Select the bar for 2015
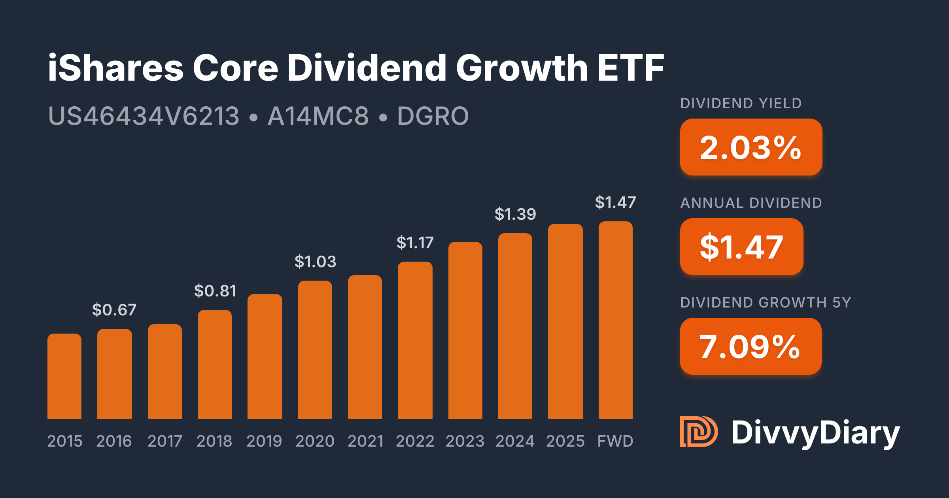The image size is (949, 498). click(64, 376)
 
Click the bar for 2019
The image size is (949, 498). click(265, 357)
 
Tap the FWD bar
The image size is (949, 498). click(615, 320)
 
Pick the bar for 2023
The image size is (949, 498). click(465, 330)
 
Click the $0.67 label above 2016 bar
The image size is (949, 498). click(114, 310)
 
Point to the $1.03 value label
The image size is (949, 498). click(315, 262)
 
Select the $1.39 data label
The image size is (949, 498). click(515, 214)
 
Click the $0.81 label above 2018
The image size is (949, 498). click(215, 291)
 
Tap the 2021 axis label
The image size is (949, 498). click(365, 441)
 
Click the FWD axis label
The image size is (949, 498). click(615, 441)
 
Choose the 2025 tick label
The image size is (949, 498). click(565, 441)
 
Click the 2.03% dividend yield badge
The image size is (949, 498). click(751, 147)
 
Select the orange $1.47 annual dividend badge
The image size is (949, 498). click(741, 247)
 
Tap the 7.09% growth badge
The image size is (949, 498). click(751, 347)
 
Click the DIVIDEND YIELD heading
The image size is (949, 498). click(741, 104)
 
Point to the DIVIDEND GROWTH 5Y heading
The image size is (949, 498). click(766, 303)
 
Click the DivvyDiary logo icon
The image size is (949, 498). click(699, 432)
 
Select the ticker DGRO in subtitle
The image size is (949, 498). click(433, 116)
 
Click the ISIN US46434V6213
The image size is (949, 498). click(144, 116)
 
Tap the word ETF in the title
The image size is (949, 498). click(631, 68)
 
